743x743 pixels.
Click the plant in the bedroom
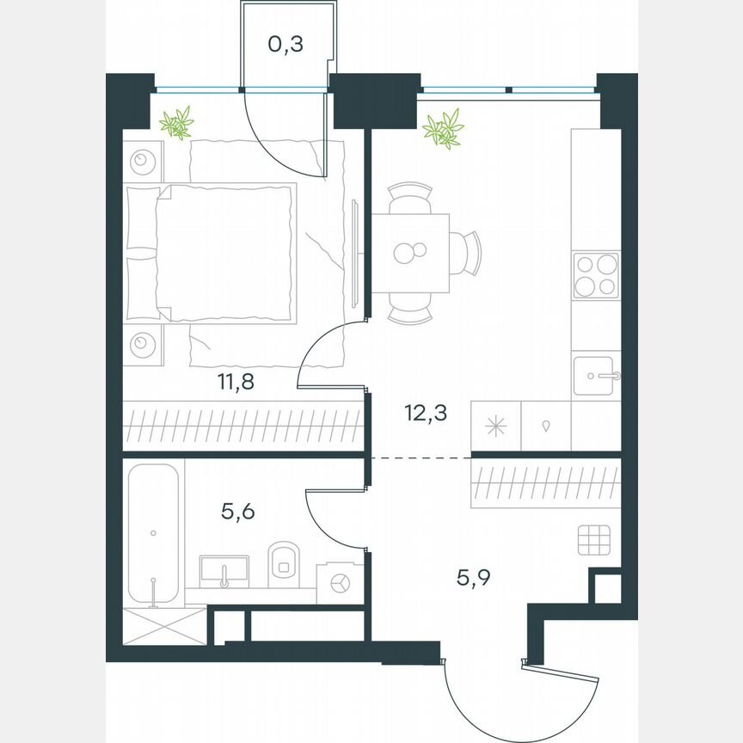176,123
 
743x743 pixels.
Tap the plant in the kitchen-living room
444,129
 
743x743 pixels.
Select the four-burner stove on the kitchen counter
596,275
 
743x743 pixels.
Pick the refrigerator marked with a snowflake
496,426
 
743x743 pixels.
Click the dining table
409,253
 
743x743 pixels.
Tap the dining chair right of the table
468,253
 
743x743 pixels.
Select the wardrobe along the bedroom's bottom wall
243,426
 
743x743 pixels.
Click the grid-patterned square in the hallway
594,540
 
